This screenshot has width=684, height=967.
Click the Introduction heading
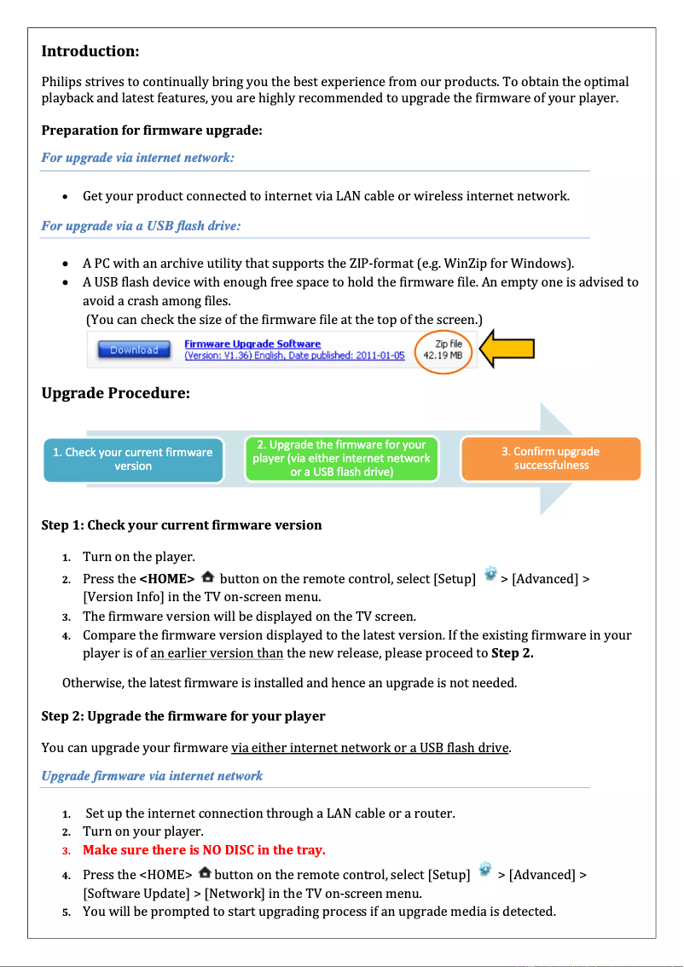90,51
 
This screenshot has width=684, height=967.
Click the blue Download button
134,350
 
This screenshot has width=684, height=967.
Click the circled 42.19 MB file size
443,350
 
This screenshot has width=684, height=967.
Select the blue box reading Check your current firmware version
133,459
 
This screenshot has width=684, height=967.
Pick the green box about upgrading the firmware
341,458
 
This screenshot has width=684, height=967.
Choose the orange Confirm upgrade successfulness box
550,458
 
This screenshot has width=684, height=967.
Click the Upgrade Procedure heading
115,394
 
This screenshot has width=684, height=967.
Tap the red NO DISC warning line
204,850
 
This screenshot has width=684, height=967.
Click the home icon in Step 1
207,577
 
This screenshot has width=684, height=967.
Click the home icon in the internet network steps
205,873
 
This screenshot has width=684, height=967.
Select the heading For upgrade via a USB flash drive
141,226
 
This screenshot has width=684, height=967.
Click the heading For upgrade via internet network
137,158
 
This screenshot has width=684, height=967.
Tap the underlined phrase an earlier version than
217,654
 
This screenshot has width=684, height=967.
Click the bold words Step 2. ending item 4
513,654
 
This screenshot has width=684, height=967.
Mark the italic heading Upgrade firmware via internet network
152,776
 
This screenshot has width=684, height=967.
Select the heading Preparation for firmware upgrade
152,130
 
